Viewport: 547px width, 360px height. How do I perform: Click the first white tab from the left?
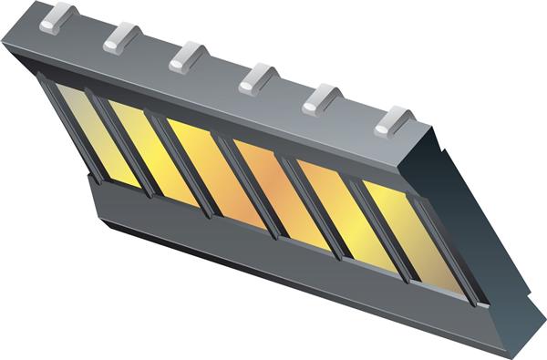[x=57, y=17]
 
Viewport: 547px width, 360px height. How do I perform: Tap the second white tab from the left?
[x=122, y=37]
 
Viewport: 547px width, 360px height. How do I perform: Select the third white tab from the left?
[x=189, y=57]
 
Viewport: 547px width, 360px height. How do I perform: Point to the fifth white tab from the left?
[x=322, y=99]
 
